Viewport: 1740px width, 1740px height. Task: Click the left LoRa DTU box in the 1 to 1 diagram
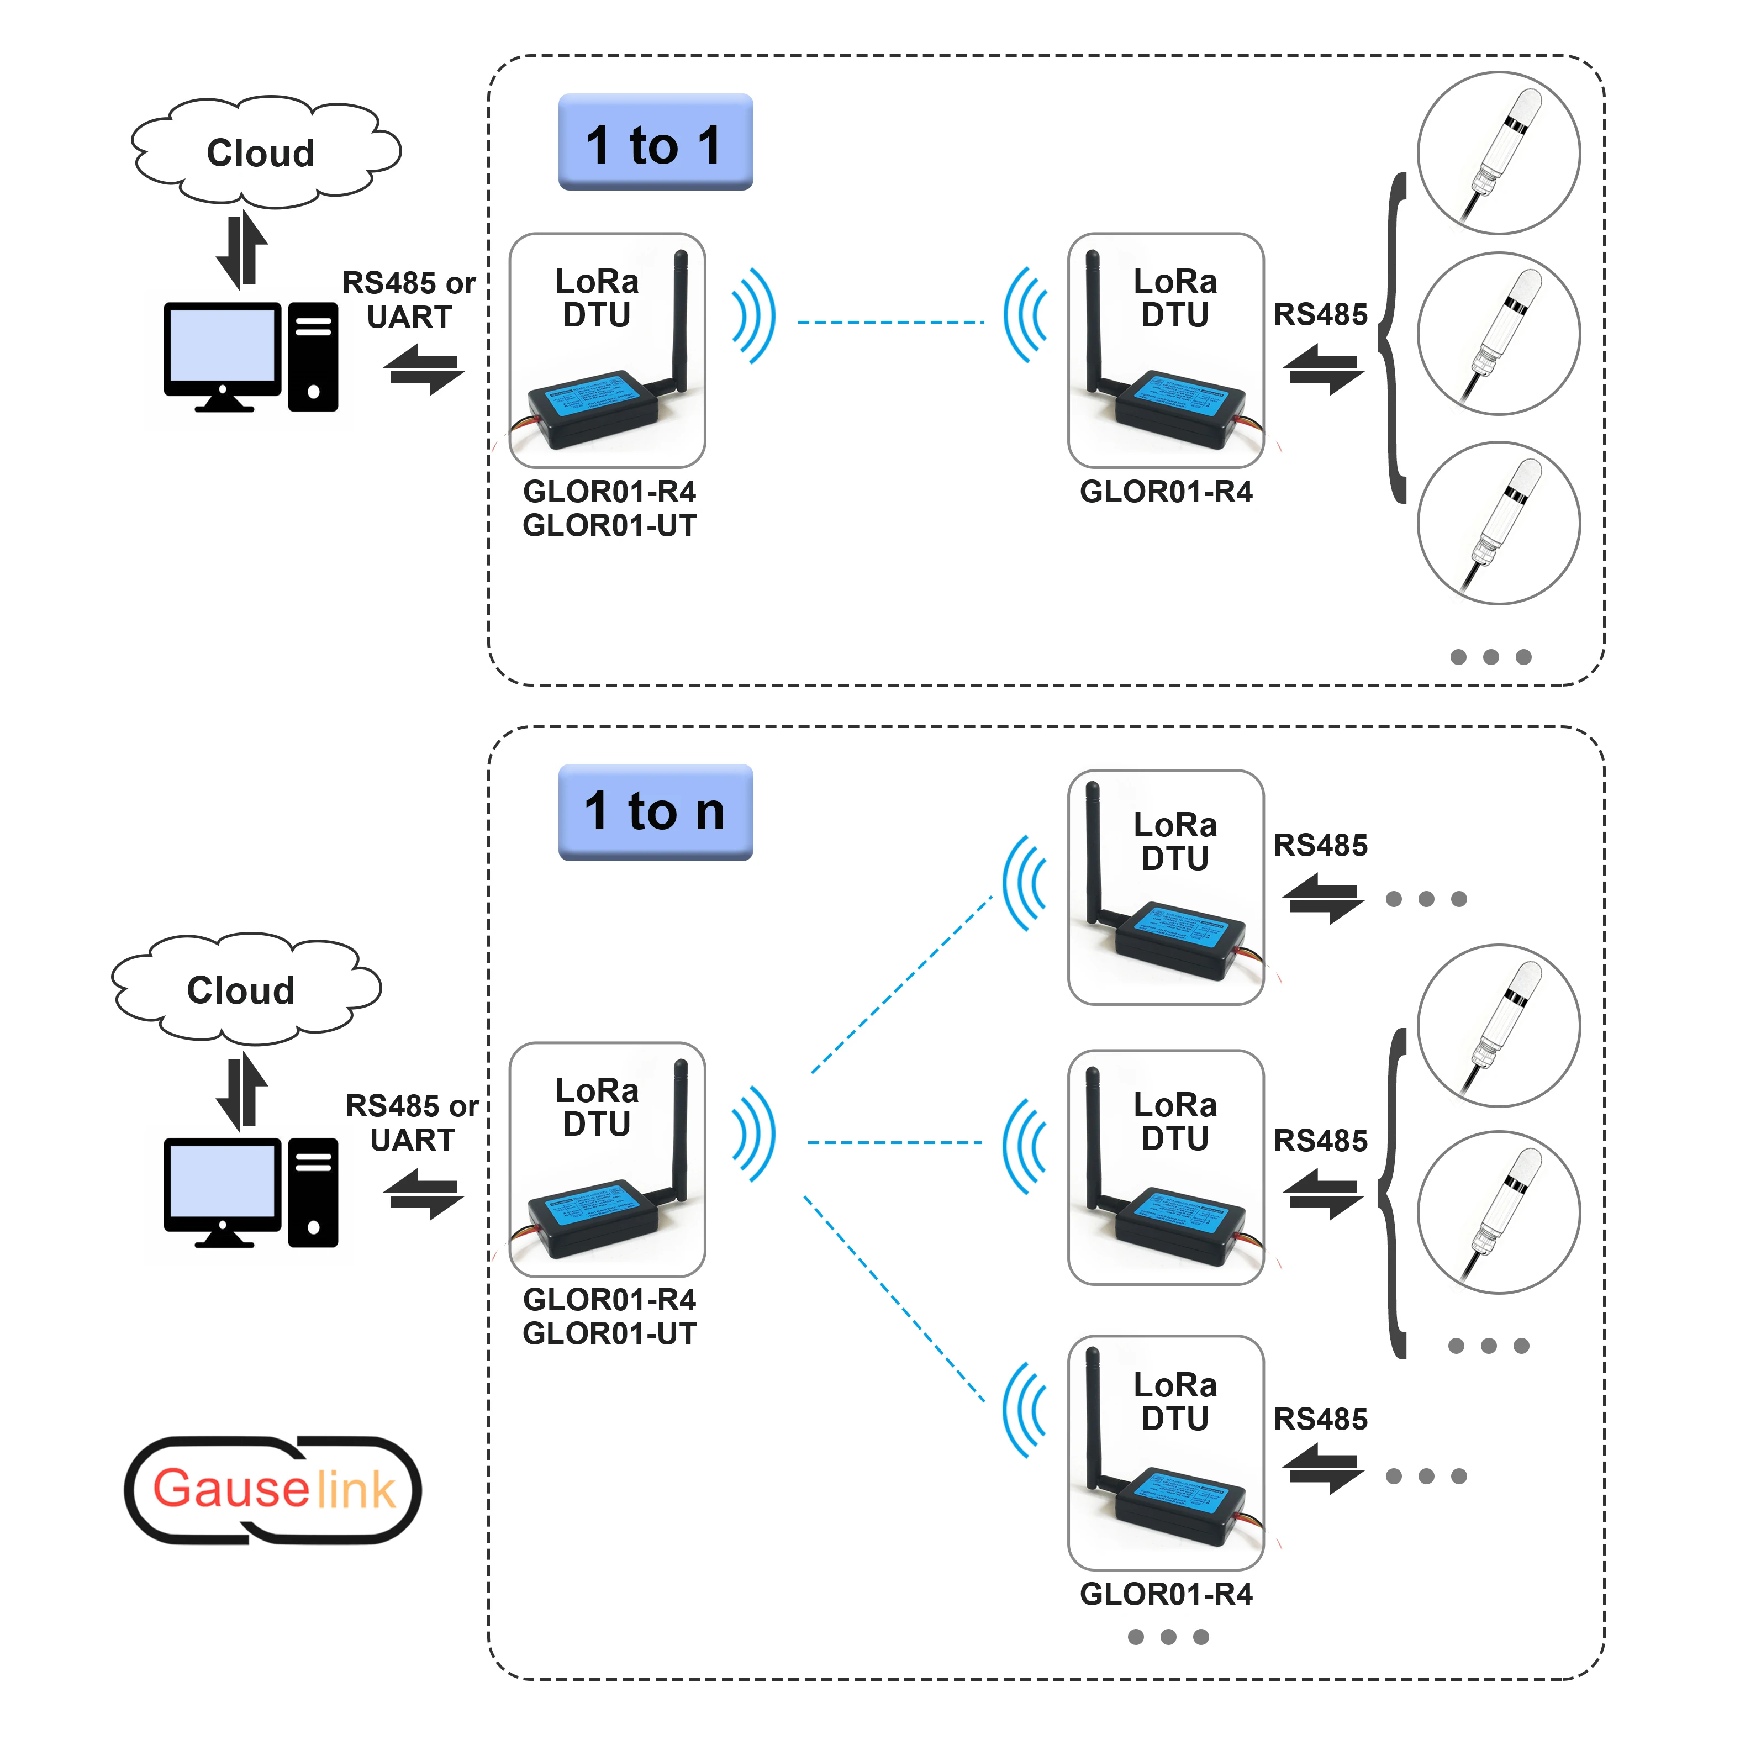[607, 350]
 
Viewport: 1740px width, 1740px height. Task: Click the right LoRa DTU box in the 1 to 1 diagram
[1166, 350]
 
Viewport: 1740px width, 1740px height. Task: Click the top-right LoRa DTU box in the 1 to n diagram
[1166, 887]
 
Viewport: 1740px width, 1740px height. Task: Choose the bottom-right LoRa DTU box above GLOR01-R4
[1166, 1452]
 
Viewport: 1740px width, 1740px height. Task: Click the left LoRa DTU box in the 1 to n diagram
[607, 1159]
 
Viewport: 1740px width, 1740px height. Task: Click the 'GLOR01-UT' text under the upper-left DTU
[610, 526]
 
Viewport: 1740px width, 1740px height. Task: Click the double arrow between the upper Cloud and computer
[241, 250]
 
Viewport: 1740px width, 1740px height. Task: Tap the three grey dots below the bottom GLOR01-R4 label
[1168, 1636]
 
